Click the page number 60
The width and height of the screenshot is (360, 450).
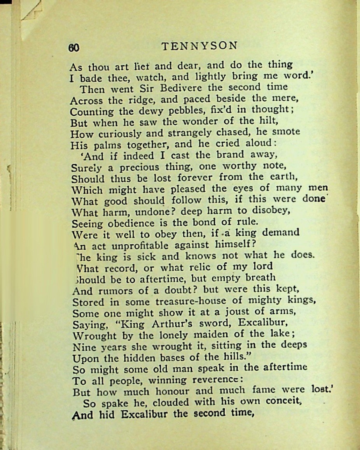[x=74, y=48]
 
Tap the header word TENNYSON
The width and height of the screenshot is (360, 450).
[x=199, y=46]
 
